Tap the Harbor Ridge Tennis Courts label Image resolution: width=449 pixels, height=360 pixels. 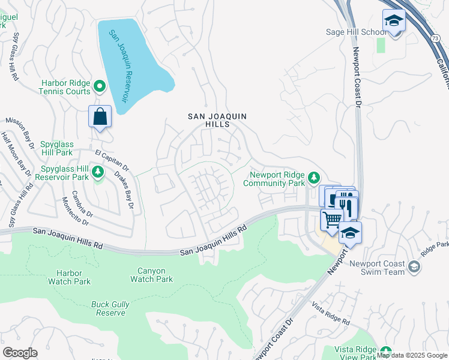65,88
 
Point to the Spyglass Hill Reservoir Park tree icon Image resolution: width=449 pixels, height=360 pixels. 98,173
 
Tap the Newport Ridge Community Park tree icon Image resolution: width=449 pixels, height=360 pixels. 313,177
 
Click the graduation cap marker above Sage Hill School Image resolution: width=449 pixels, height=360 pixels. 394,21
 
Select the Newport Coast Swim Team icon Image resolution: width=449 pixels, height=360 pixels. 414,266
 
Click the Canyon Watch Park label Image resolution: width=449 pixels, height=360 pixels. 151,275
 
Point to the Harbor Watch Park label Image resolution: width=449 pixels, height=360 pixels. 69,277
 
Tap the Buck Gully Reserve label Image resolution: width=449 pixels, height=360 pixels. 110,308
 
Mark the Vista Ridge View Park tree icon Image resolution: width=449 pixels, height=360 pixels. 385,352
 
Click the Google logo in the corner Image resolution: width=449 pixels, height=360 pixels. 20,353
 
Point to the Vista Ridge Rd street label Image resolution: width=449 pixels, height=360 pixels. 331,314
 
